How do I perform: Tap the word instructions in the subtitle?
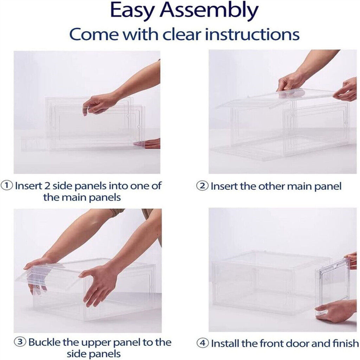[x=252, y=34]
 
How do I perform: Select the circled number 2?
[x=202, y=186]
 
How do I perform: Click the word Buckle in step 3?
[x=45, y=342]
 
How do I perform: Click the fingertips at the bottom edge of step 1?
[x=147, y=144]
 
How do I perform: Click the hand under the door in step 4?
[x=335, y=311]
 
